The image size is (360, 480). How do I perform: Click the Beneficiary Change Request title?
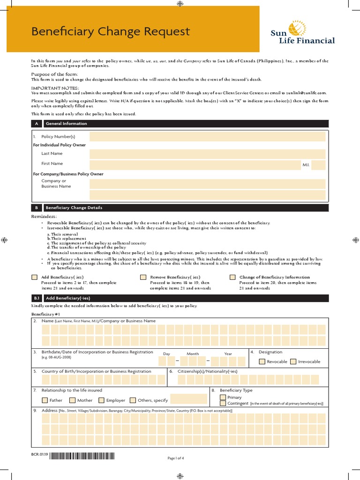pos(110,31)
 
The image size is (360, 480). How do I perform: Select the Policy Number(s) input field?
pos(207,136)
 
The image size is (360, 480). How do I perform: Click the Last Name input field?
pos(207,154)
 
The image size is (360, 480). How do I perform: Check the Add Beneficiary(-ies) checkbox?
pos(34,277)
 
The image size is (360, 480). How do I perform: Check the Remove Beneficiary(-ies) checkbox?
pos(143,277)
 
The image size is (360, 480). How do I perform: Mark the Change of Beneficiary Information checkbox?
pos(232,277)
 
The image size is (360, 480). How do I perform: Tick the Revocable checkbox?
pos(262,361)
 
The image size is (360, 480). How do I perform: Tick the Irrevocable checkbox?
pos(293,361)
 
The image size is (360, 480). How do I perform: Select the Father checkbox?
pos(45,400)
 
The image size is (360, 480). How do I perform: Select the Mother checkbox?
pos(73,400)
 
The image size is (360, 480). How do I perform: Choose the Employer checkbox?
pos(102,400)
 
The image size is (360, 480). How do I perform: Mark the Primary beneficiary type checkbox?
pos(223,397)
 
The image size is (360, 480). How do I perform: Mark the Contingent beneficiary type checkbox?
pos(223,403)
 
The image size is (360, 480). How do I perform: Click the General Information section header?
pos(66,124)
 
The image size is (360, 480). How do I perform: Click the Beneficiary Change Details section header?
pos(74,208)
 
